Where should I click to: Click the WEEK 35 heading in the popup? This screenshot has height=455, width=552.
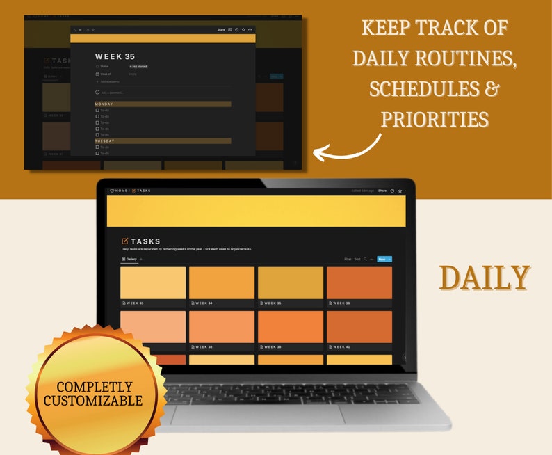point(115,56)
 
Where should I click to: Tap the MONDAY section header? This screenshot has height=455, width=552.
point(104,104)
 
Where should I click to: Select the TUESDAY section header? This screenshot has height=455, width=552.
point(105,141)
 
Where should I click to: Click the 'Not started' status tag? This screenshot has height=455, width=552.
point(138,67)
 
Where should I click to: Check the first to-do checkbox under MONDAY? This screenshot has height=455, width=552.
point(97,110)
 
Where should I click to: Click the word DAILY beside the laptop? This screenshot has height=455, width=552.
point(484,278)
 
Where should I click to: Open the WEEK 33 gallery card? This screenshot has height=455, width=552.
point(153,283)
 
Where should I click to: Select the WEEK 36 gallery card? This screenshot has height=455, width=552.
point(359,283)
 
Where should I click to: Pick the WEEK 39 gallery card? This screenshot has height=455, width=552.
point(291,326)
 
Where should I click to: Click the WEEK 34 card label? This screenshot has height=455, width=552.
point(204,303)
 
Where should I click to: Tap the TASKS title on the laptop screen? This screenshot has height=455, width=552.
point(145,241)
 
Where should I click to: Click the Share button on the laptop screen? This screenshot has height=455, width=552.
point(382,190)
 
